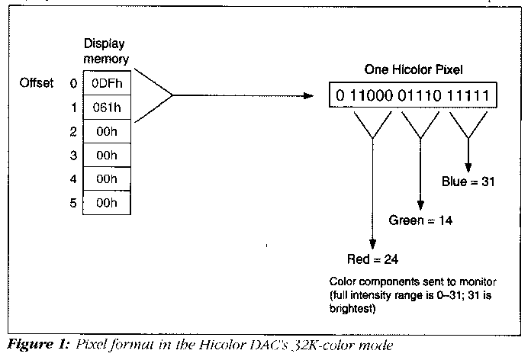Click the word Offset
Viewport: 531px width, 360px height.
37,82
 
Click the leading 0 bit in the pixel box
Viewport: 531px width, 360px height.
340,95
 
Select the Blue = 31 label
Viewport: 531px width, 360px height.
469,182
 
